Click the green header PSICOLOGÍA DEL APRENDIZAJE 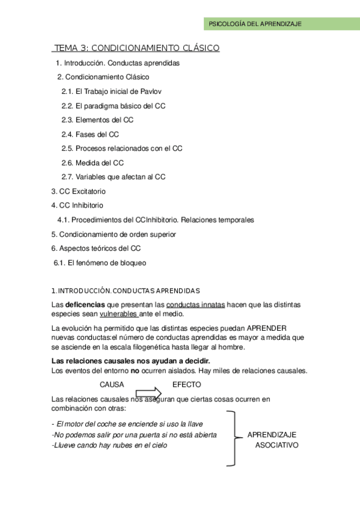tap(254, 24)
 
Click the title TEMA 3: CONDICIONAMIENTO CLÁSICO tap(137, 48)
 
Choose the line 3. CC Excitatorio tap(79, 191)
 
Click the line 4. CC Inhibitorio tap(78, 206)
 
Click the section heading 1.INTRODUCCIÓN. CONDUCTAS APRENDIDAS tap(126, 290)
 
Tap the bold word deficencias tap(85, 305)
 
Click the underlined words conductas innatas tap(195, 305)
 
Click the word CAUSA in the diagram tap(112, 384)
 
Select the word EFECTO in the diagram tap(187, 384)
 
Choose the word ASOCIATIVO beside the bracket tap(276, 445)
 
